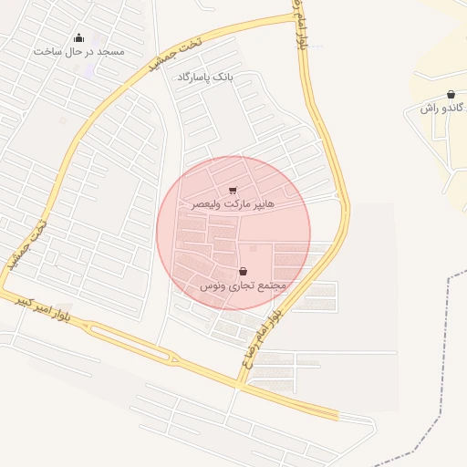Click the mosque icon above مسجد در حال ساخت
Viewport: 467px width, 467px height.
click(x=78, y=38)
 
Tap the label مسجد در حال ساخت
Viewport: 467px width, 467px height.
click(x=78, y=51)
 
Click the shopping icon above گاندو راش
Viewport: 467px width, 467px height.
click(x=451, y=95)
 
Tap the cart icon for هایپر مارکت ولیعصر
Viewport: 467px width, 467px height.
click(x=233, y=191)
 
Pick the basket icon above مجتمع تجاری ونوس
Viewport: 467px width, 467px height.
click(x=243, y=271)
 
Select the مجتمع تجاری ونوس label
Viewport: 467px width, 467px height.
click(x=243, y=285)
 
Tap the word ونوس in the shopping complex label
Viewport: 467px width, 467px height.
click(x=211, y=285)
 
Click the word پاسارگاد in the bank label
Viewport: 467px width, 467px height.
click(x=194, y=78)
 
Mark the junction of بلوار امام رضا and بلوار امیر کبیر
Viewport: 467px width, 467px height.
click(x=239, y=384)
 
